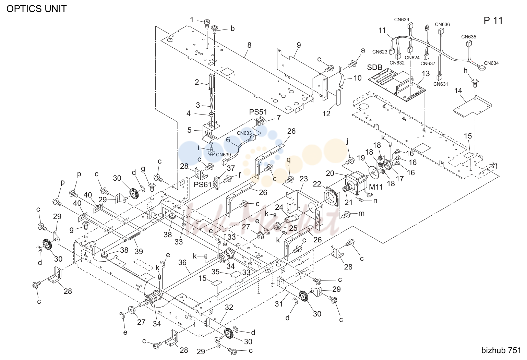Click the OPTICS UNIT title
36,9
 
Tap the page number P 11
493,21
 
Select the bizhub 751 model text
501,350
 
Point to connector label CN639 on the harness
402,20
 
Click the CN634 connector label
491,63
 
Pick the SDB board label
374,68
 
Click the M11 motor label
376,187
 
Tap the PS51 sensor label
258,112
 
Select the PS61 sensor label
203,185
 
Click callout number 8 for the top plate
249,45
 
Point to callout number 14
458,91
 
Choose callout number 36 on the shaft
182,262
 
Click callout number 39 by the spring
139,251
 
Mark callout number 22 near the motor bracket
317,184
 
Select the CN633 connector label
244,133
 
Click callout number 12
326,113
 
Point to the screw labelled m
347,214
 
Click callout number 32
229,307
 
